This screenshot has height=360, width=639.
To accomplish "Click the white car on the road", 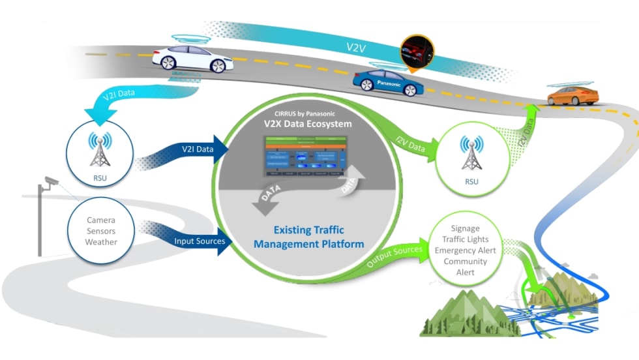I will (x=192, y=59).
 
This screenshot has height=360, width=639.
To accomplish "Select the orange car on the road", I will (x=572, y=96).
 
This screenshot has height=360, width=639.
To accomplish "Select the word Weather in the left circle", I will (x=101, y=242).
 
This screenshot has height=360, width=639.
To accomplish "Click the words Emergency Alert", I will (x=465, y=250).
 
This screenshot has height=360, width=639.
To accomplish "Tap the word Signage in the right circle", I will (x=465, y=229).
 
